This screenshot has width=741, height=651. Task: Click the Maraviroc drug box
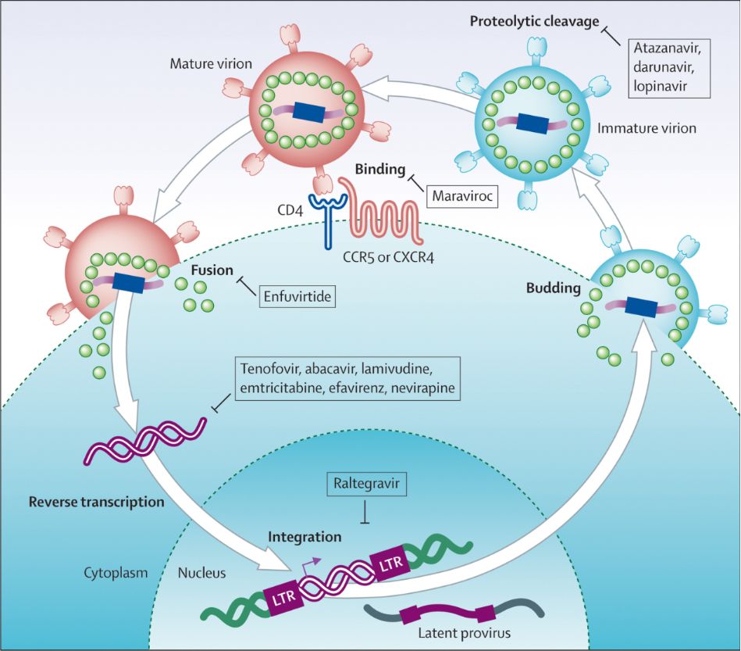[x=462, y=196]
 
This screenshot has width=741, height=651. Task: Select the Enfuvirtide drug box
[x=297, y=297]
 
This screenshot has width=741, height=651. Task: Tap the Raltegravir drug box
[x=366, y=484]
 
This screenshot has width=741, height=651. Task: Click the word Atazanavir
[x=666, y=48]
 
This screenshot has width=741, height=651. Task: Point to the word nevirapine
[x=423, y=388]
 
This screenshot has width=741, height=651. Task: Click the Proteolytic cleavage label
[x=534, y=22]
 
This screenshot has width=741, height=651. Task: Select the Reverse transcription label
[x=96, y=502]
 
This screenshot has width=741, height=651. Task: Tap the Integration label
[x=305, y=537]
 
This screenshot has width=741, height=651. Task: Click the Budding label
[x=553, y=288]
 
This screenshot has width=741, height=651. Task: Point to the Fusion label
[x=212, y=270]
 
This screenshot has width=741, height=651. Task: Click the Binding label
[x=380, y=170]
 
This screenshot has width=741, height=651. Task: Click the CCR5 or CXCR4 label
[x=388, y=258]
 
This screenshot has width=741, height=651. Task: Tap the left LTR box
[x=283, y=597]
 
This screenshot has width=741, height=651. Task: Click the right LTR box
[x=390, y=562]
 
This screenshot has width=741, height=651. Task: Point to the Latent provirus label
[x=464, y=633]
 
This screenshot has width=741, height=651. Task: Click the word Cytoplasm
[x=116, y=574]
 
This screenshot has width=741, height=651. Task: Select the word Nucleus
[x=201, y=573]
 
